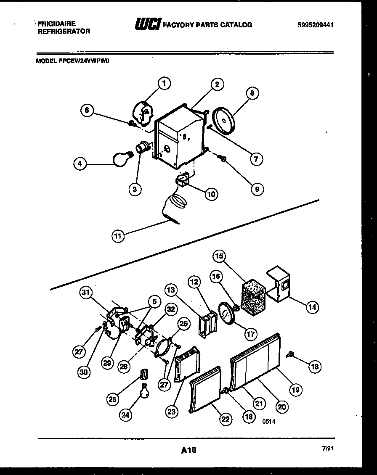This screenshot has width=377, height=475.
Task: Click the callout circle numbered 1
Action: tap(164, 84)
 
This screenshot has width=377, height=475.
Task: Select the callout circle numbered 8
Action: tap(252, 93)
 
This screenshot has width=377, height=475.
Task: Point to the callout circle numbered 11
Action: tap(118, 236)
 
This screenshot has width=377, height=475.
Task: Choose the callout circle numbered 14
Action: tap(312, 307)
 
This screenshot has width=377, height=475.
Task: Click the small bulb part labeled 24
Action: tap(144, 391)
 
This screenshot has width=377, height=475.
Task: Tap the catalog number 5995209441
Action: tap(315, 25)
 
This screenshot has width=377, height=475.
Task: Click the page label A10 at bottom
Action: tap(188, 451)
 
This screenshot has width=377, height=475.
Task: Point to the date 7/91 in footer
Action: tap(327, 449)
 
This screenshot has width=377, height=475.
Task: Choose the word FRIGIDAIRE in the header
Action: tap(56, 24)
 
